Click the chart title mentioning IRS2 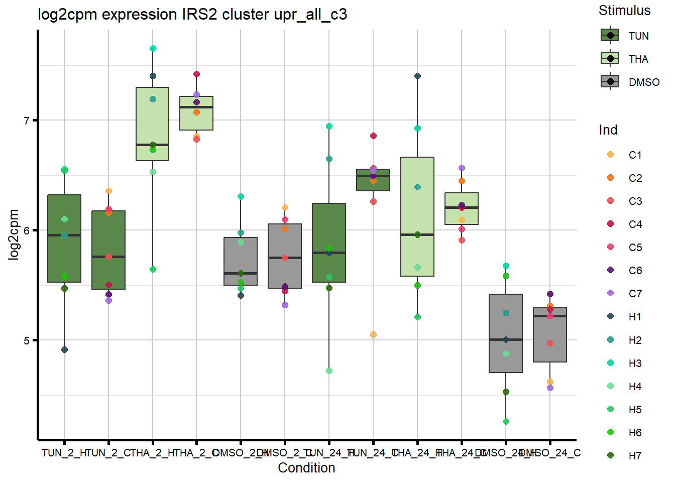pos(192,15)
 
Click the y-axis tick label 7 pos(27,120)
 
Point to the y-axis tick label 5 pos(27,340)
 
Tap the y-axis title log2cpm pos(14,234)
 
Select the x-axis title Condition pos(306,468)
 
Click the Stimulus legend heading pos(624,11)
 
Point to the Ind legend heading pos(608,130)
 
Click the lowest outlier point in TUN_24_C pos(373,335)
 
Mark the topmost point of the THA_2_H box pos(153,49)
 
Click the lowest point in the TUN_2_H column pos(64,350)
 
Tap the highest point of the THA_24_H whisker pos(417,76)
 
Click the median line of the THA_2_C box pos(196,107)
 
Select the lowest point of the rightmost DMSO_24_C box pos(550,388)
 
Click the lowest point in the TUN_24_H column pos(329,371)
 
